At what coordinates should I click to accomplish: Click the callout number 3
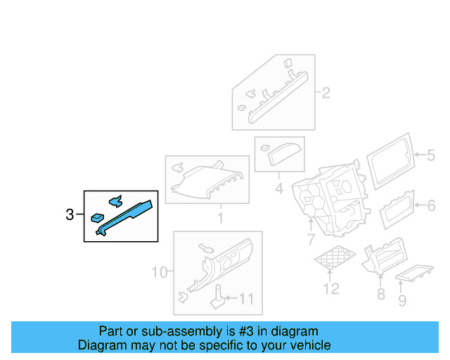(69, 215)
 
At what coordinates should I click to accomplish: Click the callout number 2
(326, 92)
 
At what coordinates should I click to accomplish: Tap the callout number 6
(431, 205)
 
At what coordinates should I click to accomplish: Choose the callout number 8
(380, 293)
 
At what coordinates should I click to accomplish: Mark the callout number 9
(401, 301)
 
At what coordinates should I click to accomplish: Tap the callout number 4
(278, 188)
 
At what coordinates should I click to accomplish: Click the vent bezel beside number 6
(398, 209)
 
